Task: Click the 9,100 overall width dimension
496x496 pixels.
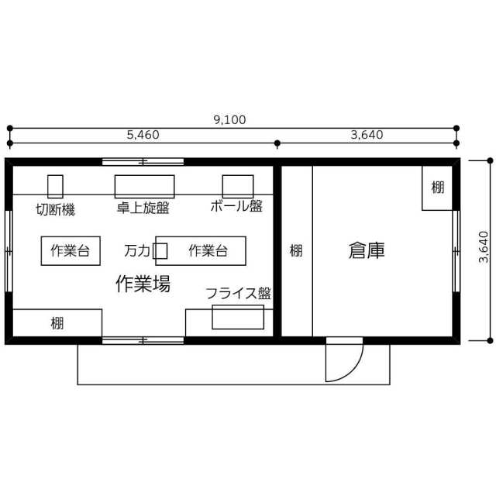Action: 229,120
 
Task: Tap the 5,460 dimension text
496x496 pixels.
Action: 143,135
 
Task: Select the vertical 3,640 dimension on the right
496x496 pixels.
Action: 484,247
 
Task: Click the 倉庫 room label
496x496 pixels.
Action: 367,250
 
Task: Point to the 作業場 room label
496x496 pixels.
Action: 143,284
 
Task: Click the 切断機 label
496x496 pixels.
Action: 55,209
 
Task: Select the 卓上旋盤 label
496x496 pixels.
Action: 143,208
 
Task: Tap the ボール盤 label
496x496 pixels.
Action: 236,206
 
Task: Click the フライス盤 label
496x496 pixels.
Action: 238,293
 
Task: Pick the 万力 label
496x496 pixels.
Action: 137,251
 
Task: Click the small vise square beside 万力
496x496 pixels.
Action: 160,251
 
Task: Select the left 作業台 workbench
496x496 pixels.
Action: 71,251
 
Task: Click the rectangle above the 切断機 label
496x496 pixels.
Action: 55,187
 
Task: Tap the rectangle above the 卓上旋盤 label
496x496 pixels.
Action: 145,187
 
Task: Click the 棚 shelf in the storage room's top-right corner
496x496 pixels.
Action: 437,188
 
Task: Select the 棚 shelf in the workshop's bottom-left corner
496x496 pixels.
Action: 57,323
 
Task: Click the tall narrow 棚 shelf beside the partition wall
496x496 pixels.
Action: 297,251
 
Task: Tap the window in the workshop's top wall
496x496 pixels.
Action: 143,162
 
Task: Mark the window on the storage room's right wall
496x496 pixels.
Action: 456,251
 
